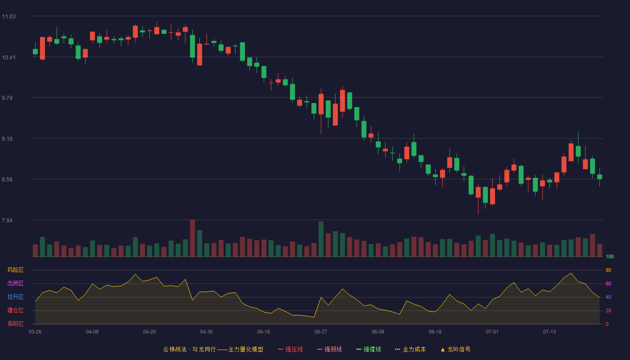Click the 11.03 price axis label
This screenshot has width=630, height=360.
click(9, 17)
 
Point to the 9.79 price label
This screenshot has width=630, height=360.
click(7, 98)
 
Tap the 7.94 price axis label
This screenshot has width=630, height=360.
click(7, 220)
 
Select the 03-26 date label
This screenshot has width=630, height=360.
click(35, 332)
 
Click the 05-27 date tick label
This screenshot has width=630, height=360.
click(321, 332)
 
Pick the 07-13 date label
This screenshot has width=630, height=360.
click(549, 332)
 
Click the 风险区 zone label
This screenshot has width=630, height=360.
click(15, 270)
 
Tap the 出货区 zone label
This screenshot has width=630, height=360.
click(15, 283)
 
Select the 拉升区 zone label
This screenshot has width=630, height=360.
click(15, 297)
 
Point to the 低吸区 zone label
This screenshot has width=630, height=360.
click(15, 324)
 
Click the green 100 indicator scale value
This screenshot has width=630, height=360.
click(610, 256)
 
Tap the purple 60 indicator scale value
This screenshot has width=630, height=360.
click(608, 283)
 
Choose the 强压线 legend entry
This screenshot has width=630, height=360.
click(291, 349)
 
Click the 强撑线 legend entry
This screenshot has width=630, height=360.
click(369, 349)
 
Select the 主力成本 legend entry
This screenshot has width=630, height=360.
click(410, 349)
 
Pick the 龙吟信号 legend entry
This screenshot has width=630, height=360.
click(455, 349)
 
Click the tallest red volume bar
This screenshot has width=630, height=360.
click(193, 238)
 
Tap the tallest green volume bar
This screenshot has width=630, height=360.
click(321, 239)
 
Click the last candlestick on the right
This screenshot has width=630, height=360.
click(599, 177)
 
